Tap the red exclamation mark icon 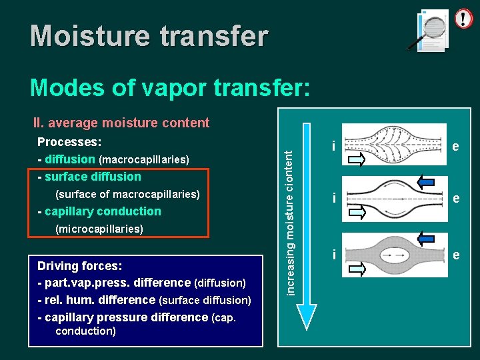click(x=463, y=18)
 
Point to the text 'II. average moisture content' click(x=121, y=123)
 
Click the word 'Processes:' click(x=69, y=142)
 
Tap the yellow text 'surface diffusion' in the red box click(x=93, y=177)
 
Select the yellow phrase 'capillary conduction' click(x=103, y=211)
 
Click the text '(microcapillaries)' click(x=99, y=229)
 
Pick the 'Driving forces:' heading click(x=79, y=265)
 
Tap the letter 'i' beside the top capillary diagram click(x=333, y=146)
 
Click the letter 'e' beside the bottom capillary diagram click(x=455, y=254)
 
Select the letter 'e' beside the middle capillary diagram click(x=455, y=198)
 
